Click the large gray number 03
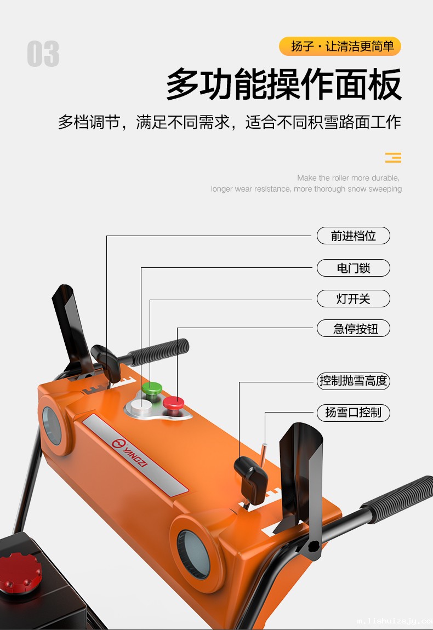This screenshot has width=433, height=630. (x=43, y=55)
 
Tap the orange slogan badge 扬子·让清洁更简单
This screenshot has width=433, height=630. (x=340, y=47)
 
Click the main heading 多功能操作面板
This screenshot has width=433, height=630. (x=283, y=84)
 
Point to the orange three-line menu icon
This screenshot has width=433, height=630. (x=393, y=158)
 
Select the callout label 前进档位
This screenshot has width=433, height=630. (x=353, y=236)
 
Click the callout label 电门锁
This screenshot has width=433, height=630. (x=353, y=268)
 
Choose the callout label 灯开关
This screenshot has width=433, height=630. (x=353, y=299)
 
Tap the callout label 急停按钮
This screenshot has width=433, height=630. (x=353, y=329)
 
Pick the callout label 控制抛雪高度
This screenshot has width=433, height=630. (x=353, y=381)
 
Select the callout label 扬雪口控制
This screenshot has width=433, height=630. (x=353, y=413)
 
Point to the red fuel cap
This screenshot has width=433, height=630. (x=20, y=572)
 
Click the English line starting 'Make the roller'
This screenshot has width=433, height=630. (x=348, y=178)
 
